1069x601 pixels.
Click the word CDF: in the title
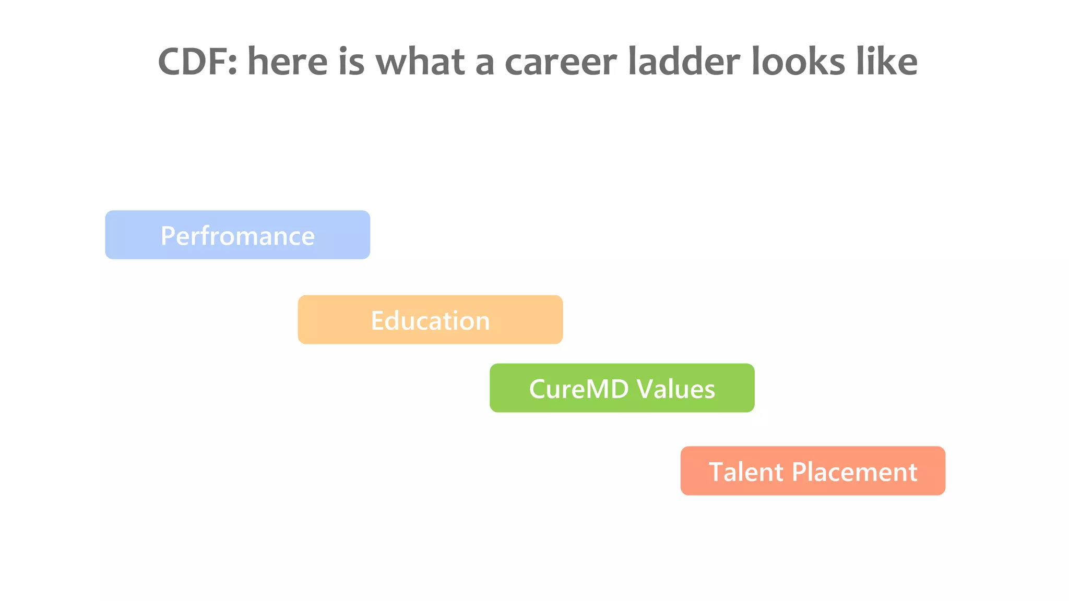[197, 62]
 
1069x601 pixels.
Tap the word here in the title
[287, 62]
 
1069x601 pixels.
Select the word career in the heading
[561, 62]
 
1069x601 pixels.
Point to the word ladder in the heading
[684, 62]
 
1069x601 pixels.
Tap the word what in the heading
[420, 62]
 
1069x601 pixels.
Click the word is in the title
[351, 62]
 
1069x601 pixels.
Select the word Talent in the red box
[746, 472]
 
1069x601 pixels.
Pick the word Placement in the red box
[854, 472]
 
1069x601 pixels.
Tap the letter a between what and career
[484, 63]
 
